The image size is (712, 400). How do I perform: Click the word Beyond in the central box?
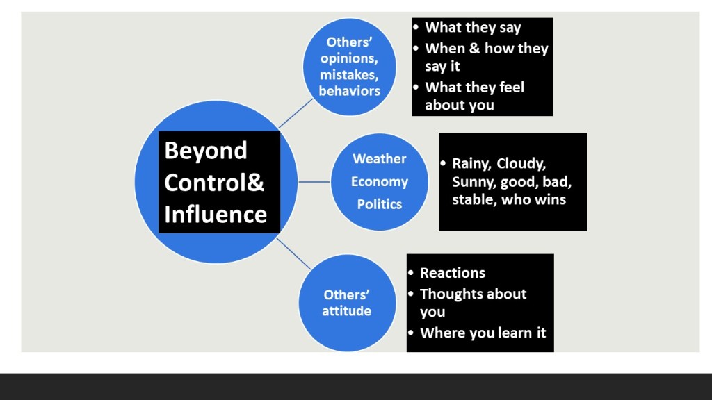point(206,151)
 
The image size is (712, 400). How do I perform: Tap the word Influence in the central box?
point(216,214)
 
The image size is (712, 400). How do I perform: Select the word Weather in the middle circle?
point(379,159)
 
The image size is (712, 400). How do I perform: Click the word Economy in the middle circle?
point(379,182)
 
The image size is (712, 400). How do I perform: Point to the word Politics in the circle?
point(379,204)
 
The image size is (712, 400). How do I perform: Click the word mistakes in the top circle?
point(350,74)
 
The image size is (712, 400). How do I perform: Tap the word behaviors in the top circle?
point(350,91)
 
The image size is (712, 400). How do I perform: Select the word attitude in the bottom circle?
point(346,311)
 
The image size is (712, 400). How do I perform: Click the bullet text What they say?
point(473,28)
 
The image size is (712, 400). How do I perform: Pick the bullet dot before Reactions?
point(412,272)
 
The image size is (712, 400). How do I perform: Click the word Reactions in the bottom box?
point(453,273)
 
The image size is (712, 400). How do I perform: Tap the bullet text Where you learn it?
point(483,333)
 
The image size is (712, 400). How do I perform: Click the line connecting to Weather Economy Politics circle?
point(314,182)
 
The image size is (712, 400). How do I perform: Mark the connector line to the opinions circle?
point(296,113)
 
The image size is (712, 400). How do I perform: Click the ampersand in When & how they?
point(472,49)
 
